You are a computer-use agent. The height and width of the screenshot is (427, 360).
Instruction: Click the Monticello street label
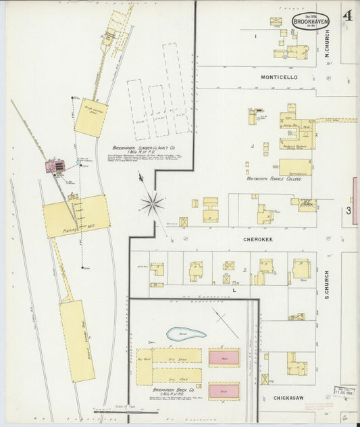[x=279, y=78]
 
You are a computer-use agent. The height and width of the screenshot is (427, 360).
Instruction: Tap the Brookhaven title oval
[x=311, y=22]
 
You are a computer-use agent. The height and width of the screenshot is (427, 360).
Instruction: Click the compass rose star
[x=153, y=202]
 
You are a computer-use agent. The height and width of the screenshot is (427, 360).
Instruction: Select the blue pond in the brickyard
[x=186, y=334]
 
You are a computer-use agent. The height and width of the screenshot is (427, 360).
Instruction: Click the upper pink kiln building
[x=224, y=357]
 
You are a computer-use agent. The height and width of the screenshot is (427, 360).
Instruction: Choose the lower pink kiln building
[x=224, y=391]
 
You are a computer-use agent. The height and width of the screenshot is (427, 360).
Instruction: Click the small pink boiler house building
[x=55, y=166]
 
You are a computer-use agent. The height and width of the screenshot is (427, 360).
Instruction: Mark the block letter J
[x=251, y=145]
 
